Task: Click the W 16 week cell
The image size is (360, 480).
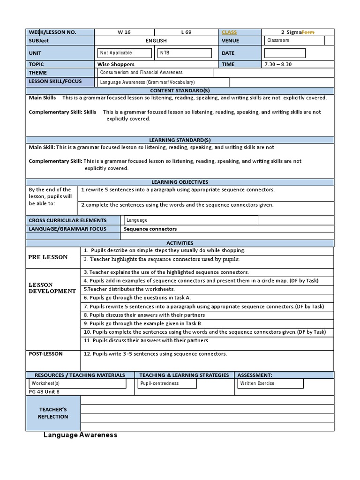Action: tap(124, 32)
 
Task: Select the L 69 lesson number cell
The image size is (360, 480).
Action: tap(186, 32)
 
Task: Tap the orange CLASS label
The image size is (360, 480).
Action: tap(229, 32)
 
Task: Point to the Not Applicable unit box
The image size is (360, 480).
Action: tap(125, 53)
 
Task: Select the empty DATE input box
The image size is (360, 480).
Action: tap(285, 53)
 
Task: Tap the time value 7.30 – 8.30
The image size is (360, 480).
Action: tap(278, 64)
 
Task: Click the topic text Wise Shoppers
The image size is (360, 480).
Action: tap(116, 64)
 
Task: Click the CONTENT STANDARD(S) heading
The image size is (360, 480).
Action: tap(180, 90)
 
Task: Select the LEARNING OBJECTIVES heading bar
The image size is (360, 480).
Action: tap(180, 182)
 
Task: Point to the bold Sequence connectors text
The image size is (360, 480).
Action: tap(150, 229)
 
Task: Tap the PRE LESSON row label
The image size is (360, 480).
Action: tap(48, 257)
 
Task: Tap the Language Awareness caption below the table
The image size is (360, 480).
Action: tap(80, 435)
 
